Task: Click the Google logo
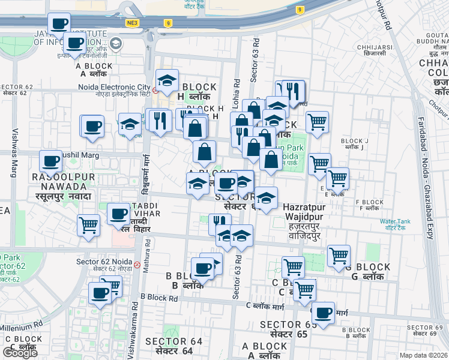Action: point(20,353)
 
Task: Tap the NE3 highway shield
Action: point(133,23)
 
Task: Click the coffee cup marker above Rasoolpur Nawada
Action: point(51,161)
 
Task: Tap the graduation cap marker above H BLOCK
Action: point(167,79)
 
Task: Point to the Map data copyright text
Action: point(423,355)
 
